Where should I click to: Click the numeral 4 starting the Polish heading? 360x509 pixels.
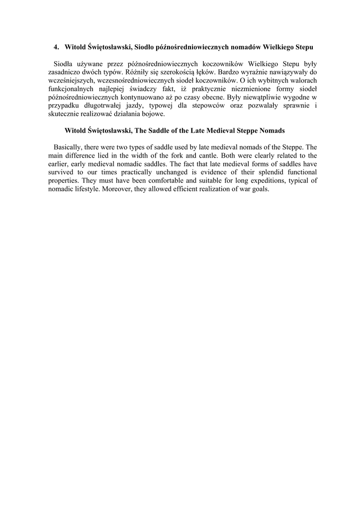pyautogui.click(x=56, y=47)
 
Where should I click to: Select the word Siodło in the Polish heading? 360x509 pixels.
pyautogui.click(x=145, y=47)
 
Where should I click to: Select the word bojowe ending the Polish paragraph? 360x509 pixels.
pyautogui.click(x=152, y=114)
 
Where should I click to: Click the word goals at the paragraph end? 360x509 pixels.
pyautogui.click(x=258, y=189)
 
